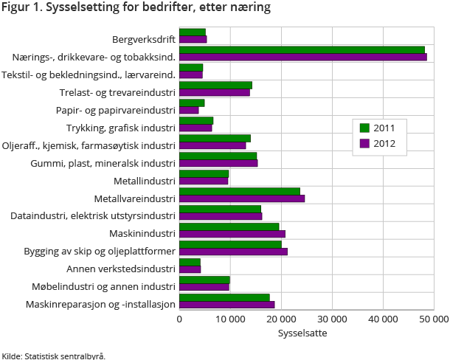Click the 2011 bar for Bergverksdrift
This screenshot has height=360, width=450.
(193, 32)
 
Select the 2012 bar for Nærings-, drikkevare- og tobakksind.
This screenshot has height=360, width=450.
(302, 57)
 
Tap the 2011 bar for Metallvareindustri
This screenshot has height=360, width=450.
(240, 191)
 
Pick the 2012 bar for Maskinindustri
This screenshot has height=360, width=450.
(232, 234)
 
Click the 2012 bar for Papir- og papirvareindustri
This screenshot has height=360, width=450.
(189, 110)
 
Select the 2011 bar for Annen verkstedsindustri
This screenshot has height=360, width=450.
(190, 262)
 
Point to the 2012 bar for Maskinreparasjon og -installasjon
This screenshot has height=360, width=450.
(227, 304)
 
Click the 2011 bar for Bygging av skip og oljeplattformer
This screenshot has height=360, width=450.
(230, 244)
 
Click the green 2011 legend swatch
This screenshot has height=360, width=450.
(364, 128)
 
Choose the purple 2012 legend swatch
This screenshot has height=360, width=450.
(364, 143)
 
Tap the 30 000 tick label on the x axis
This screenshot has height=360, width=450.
(331, 319)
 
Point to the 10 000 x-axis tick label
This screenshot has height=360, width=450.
(230, 319)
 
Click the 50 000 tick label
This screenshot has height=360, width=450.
(433, 319)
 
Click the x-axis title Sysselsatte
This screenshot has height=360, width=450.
(302, 333)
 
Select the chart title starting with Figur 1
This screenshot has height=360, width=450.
(136, 8)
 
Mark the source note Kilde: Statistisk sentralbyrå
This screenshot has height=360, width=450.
(53, 356)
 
